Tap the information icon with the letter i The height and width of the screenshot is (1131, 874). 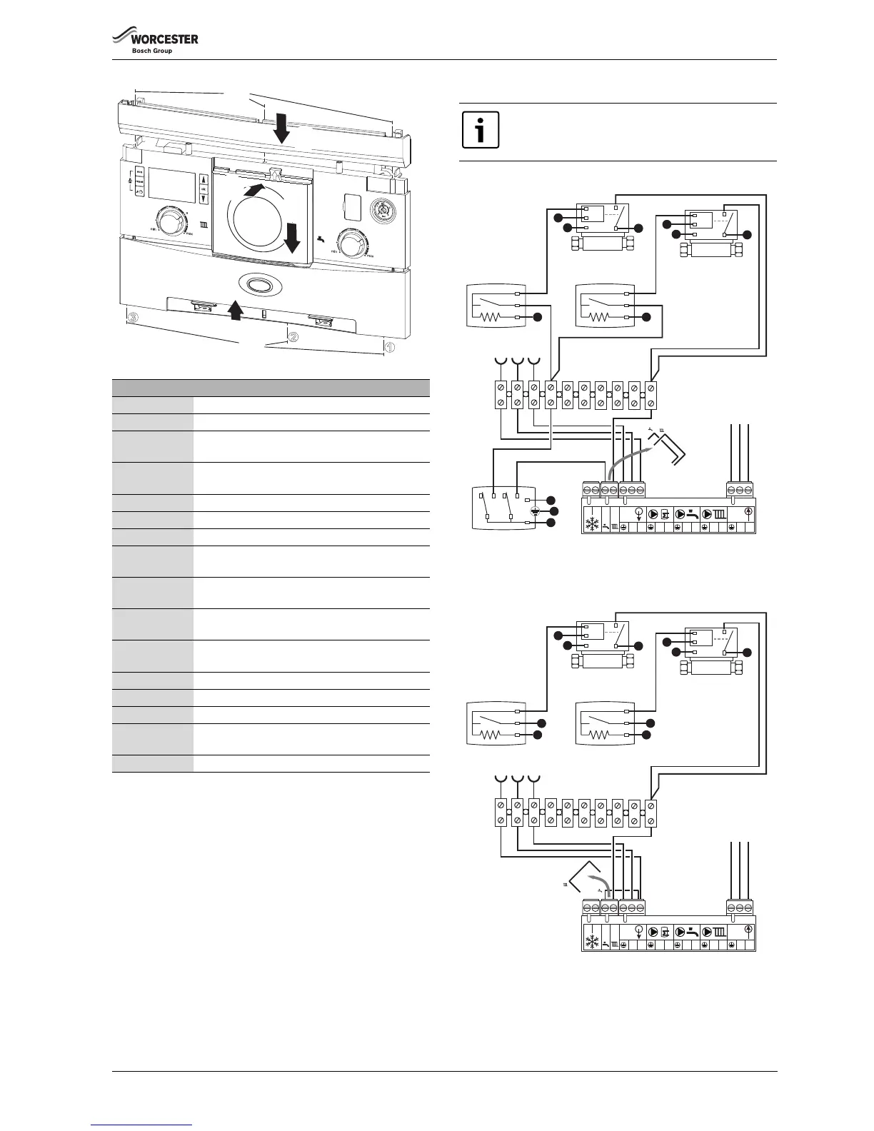pos(481,130)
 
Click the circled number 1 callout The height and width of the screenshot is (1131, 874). pos(389,347)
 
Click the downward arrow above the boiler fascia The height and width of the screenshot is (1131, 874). pos(282,129)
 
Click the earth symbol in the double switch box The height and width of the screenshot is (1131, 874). pos(536,511)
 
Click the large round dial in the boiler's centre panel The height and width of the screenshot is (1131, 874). pos(261,213)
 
